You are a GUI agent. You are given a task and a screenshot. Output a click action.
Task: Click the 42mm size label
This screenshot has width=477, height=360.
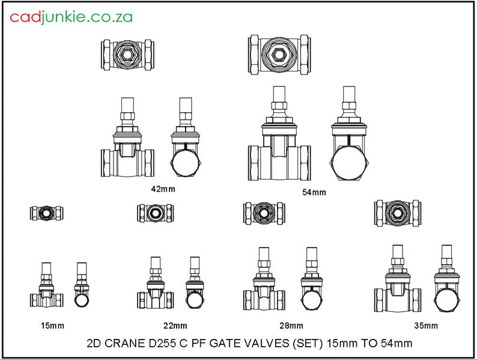(163, 189)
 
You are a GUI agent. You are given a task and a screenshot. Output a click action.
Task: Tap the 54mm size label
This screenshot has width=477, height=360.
(314, 192)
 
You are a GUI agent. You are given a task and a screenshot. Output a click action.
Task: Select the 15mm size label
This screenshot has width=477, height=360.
(52, 326)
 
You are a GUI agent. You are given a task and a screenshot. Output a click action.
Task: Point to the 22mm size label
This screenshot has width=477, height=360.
(175, 326)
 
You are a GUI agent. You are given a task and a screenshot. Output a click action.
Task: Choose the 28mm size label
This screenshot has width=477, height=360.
(291, 326)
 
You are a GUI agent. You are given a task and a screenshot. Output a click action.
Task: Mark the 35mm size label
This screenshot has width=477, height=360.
(425, 326)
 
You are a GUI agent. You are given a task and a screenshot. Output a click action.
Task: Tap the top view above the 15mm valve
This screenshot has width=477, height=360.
(47, 212)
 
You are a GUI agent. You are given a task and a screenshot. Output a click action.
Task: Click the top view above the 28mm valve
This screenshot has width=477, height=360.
(264, 212)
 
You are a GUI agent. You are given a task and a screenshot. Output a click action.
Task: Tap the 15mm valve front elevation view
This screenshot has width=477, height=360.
(47, 288)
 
